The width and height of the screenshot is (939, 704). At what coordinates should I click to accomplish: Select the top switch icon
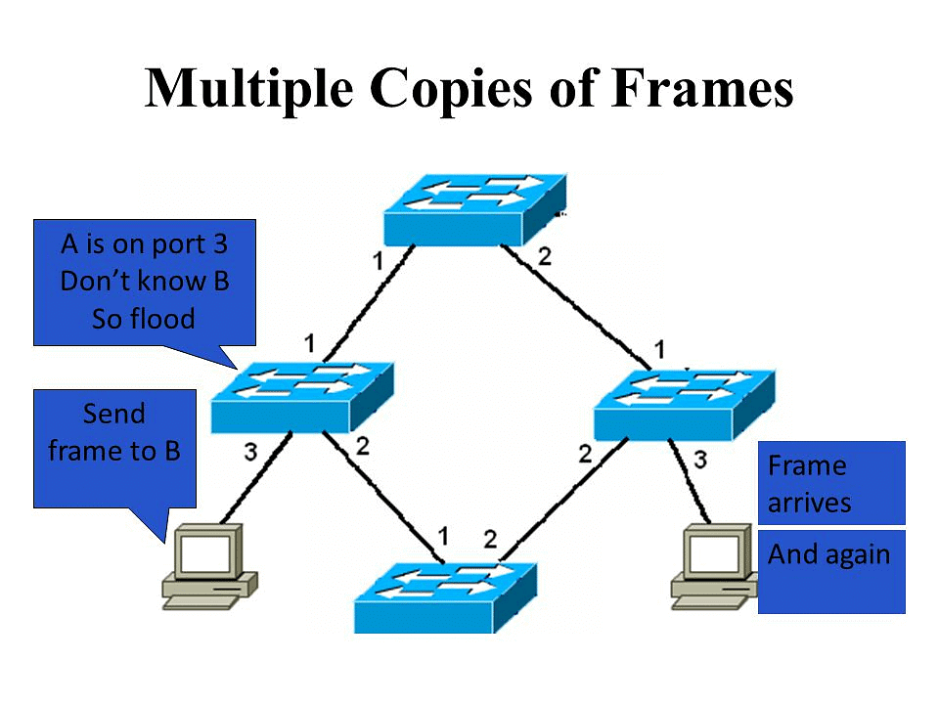[475, 210]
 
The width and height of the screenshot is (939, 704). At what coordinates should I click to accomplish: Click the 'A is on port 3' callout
[145, 282]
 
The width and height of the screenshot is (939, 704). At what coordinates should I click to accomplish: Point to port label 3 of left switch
[250, 453]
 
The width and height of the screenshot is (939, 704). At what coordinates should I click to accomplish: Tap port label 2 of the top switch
[545, 257]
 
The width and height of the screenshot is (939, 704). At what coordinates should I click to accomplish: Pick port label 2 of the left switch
[362, 446]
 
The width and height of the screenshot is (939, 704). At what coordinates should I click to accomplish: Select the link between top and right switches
[577, 304]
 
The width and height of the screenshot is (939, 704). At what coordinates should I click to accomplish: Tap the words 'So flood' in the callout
[144, 319]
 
